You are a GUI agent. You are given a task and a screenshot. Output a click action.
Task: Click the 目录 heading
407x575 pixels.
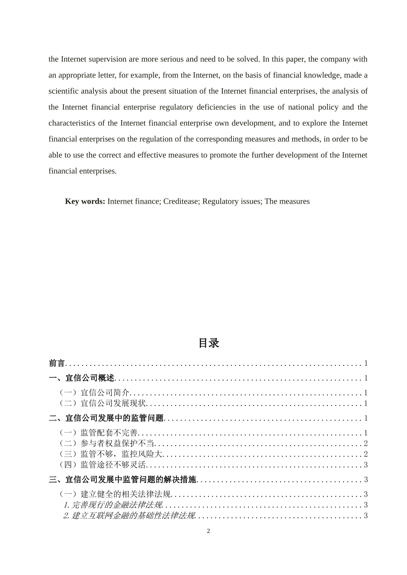[209, 343]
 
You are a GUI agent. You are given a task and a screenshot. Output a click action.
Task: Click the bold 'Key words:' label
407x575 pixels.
[85, 202]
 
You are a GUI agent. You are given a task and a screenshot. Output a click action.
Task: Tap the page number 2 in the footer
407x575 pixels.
[209, 531]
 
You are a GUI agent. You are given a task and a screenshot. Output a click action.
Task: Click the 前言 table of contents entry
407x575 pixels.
[57, 364]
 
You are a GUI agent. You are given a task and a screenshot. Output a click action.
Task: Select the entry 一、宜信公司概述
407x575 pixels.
[82, 378]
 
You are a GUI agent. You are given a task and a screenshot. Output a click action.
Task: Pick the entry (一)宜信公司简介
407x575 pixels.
[94, 393]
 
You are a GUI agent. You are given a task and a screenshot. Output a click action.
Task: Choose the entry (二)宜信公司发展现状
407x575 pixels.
[103, 403]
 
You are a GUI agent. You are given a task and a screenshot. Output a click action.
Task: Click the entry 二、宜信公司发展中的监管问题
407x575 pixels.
[106, 418]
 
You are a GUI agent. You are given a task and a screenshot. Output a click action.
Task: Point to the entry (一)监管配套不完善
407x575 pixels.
[99, 433]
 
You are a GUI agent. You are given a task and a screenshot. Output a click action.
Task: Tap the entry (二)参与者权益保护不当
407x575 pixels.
[107, 444]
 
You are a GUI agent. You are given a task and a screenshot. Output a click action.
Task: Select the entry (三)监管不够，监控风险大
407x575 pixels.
[111, 454]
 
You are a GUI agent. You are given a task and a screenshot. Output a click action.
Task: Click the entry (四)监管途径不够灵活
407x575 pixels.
[103, 465]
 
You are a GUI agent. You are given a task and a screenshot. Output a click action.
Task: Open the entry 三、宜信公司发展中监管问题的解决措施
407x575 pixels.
[123, 480]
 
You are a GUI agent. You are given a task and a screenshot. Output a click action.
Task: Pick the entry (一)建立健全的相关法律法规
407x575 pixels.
[115, 495]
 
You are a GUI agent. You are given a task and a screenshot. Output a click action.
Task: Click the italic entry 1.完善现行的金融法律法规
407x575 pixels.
[113, 505]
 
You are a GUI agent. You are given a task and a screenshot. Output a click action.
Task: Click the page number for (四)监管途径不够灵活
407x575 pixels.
[365, 465]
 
